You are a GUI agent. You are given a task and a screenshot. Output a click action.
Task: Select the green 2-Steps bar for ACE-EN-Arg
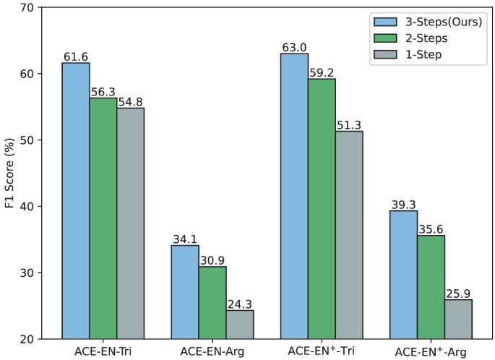(x=212, y=303)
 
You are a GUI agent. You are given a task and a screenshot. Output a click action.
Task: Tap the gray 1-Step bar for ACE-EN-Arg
(x=240, y=325)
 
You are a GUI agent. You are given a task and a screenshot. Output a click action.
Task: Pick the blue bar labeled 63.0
(x=294, y=196)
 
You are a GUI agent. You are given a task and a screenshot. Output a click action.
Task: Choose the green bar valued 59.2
(x=322, y=209)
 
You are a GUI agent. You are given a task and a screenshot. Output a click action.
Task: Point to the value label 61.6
(x=76, y=56)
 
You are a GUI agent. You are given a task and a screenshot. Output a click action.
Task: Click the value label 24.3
(x=240, y=304)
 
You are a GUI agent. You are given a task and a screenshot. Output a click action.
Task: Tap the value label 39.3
(x=403, y=204)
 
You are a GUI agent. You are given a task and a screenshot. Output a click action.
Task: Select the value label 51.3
(x=349, y=124)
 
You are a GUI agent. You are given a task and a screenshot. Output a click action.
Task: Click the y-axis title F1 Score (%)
(x=9, y=173)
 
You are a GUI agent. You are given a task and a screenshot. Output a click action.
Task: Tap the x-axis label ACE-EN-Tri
(x=103, y=351)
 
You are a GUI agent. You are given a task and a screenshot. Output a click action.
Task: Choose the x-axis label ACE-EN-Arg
(x=212, y=351)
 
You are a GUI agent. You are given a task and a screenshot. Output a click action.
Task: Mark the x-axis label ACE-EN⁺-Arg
(x=431, y=351)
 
